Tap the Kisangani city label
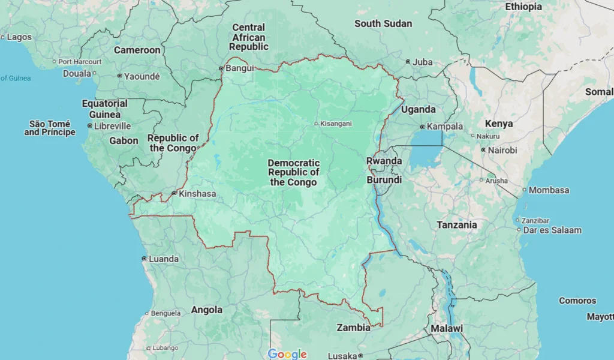[336, 124]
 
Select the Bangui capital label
[240, 68]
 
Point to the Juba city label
[423, 62]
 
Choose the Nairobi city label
[502, 150]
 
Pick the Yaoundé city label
[142, 76]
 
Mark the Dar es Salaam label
[552, 230]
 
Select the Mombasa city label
[549, 190]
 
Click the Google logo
[287, 354]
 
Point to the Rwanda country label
[384, 161]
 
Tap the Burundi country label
[384, 179]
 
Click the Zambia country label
[353, 328]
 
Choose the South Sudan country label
[383, 23]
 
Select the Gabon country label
[124, 140]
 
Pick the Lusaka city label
[342, 355]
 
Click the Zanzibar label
[535, 220]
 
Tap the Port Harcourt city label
[80, 61]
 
